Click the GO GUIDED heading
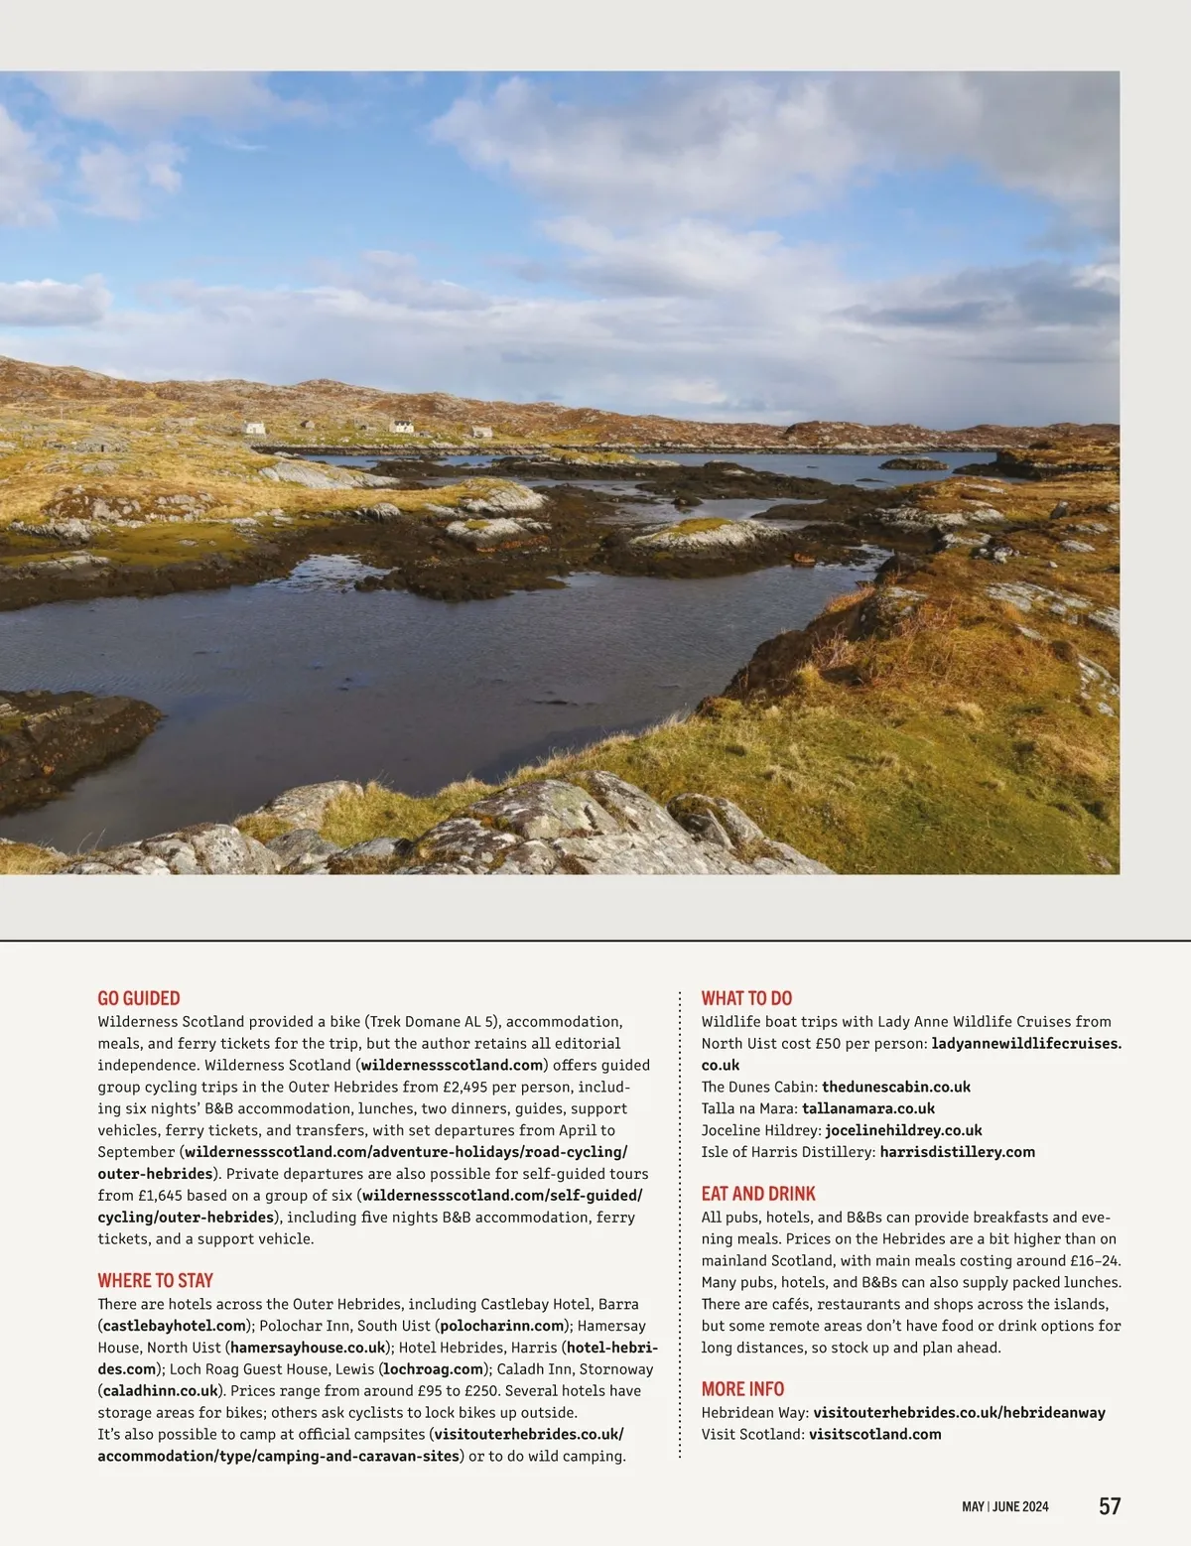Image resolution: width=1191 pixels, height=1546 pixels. tap(139, 998)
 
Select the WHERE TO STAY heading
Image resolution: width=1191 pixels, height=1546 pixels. tap(155, 1280)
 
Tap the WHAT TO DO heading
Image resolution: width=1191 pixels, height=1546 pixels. tap(746, 998)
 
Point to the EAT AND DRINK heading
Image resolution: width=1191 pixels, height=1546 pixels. tap(758, 1194)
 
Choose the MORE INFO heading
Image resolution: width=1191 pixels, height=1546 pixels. tap(742, 1389)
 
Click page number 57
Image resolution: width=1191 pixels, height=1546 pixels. tap(1110, 1505)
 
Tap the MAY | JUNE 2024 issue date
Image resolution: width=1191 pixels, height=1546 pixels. tap(1004, 1506)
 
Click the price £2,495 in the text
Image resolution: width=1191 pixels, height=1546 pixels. tap(464, 1087)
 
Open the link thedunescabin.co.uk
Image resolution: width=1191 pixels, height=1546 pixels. tap(895, 1087)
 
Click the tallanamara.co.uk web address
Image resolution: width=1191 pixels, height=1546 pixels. tap(867, 1108)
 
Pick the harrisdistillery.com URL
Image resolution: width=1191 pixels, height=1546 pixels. tap(957, 1152)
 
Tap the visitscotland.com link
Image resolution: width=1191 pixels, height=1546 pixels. tap(874, 1434)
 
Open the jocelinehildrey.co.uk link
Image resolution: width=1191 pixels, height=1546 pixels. tap(903, 1130)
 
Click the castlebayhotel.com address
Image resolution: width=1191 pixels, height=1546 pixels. tap(174, 1326)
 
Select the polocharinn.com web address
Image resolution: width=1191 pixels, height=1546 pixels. tap(502, 1326)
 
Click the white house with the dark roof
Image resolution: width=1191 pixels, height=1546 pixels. tap(402, 427)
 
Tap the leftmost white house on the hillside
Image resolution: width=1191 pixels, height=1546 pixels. tap(255, 428)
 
